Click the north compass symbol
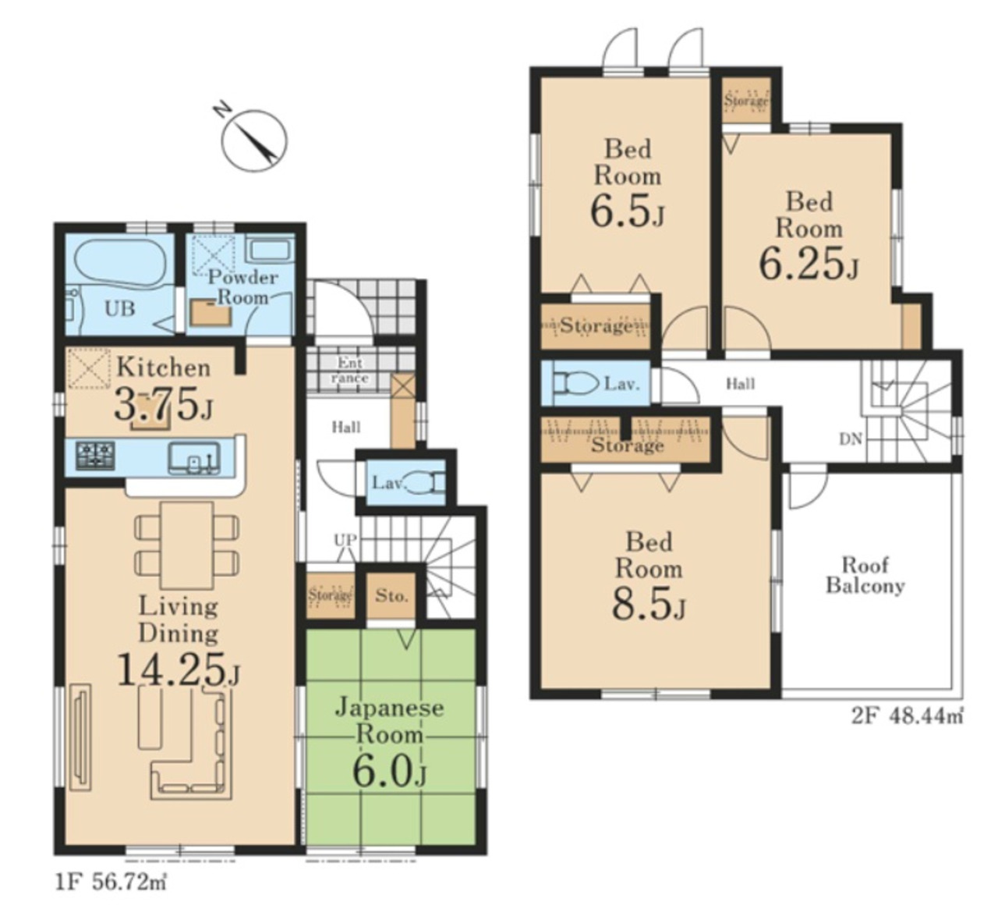pyautogui.click(x=253, y=139)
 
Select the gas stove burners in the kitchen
pyautogui.click(x=95, y=455)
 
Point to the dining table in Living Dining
pyautogui.click(x=186, y=545)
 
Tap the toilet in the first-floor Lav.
pyautogui.click(x=426, y=483)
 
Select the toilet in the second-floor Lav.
pyautogui.click(x=575, y=384)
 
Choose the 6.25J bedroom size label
pyautogui.click(x=809, y=264)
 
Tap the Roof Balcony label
pyautogui.click(x=865, y=576)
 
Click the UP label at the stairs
pyautogui.click(x=345, y=540)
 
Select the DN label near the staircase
pyautogui.click(x=850, y=440)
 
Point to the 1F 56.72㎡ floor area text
pyautogui.click(x=111, y=883)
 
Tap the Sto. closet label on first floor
pyautogui.click(x=391, y=595)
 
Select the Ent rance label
pyautogui.click(x=350, y=371)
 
